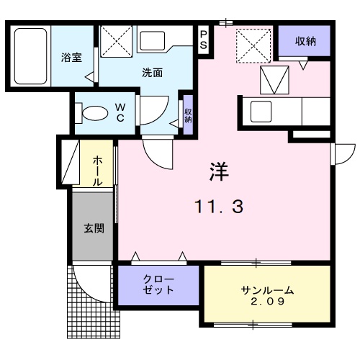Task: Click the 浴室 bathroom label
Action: point(71,55)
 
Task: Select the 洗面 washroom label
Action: point(151,72)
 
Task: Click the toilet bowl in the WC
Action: point(94,113)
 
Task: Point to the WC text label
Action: point(120,113)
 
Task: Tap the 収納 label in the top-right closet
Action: point(305,42)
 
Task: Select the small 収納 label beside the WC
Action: point(187,114)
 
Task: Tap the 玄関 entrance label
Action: point(94,230)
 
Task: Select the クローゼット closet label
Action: point(158,285)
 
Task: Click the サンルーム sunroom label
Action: point(267,290)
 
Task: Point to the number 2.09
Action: point(267,302)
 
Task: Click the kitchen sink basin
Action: point(259,111)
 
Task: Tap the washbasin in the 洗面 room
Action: point(152,40)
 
